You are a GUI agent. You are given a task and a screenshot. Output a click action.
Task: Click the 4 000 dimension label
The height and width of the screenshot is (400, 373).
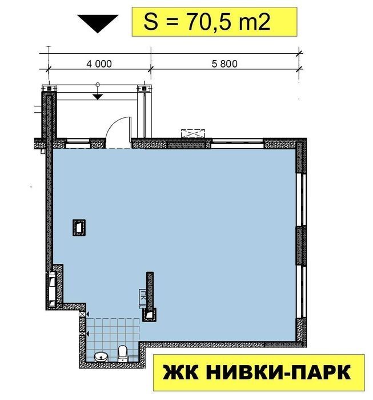[99, 64]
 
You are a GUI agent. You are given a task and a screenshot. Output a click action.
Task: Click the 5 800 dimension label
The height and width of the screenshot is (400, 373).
[224, 64]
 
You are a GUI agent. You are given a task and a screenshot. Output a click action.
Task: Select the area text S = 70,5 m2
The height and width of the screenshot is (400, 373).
[207, 22]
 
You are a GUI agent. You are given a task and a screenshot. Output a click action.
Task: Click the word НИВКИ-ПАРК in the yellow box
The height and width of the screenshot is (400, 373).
[278, 373]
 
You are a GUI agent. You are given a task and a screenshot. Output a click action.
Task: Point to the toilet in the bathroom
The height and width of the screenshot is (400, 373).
[122, 354]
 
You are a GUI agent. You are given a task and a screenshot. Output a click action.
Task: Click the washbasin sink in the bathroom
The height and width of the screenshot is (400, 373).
[102, 357]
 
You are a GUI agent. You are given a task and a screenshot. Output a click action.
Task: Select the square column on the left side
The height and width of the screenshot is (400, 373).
[79, 227]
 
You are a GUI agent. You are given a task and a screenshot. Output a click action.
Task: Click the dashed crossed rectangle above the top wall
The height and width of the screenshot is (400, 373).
[192, 134]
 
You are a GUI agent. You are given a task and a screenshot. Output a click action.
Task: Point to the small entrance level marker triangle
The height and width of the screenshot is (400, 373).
[98, 97]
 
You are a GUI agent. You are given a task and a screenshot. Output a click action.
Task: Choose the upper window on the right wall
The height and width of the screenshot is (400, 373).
[301, 200]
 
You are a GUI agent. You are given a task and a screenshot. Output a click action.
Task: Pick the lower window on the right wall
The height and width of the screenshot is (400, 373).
[301, 292]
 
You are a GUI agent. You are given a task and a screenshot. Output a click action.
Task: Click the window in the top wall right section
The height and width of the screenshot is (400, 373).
[238, 144]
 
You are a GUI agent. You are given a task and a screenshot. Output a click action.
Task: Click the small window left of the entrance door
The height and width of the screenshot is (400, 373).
[78, 144]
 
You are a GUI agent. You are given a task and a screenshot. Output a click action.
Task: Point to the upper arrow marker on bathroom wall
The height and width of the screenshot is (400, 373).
[87, 314]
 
